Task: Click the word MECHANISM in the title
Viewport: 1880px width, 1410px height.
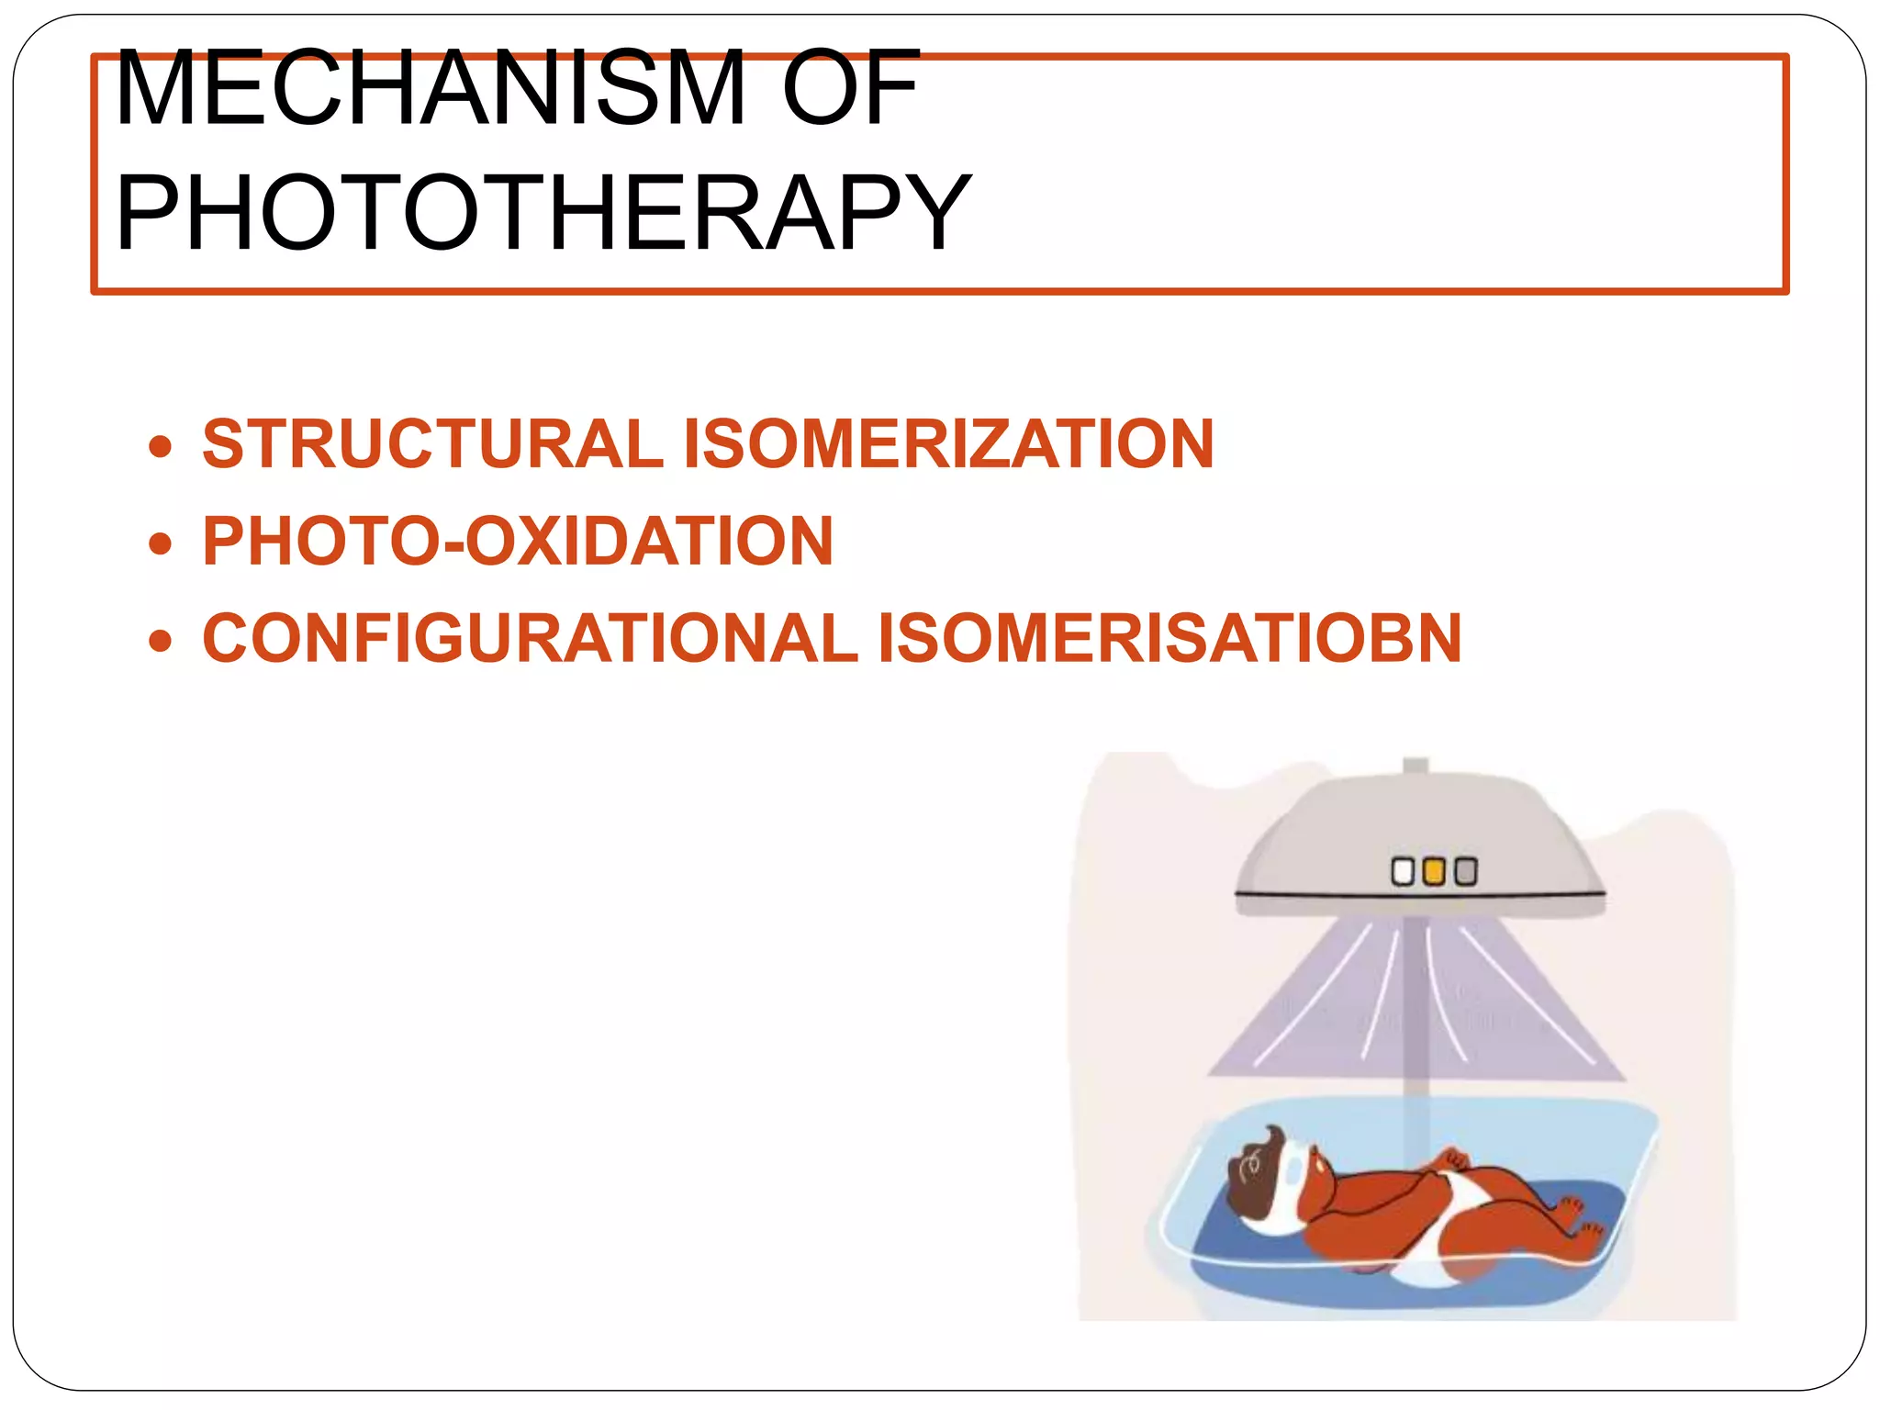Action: pos(430,89)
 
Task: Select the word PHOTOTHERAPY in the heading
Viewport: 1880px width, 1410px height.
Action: pos(543,213)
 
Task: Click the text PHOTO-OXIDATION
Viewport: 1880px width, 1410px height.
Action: pos(518,542)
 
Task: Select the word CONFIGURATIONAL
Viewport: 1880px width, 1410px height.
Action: pos(530,639)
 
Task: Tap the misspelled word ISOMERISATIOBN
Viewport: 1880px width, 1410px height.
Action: pos(1169,639)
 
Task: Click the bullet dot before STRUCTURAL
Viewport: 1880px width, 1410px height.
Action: pos(161,447)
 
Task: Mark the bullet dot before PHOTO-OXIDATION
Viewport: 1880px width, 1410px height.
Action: pos(161,543)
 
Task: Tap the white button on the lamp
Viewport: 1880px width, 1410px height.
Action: pos(1403,871)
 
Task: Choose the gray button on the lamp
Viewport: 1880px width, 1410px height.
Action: pos(1466,871)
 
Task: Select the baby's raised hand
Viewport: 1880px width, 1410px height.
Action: pos(1450,1159)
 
